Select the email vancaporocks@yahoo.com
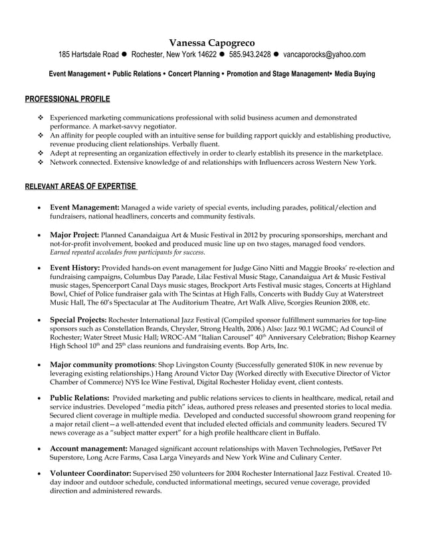[324, 55]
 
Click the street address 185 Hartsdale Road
[88, 55]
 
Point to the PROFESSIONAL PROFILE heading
[68, 99]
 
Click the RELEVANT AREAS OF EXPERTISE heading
[80, 185]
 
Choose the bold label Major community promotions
[102, 364]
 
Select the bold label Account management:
[89, 450]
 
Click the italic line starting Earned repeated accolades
[128, 253]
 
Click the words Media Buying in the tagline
[355, 74]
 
